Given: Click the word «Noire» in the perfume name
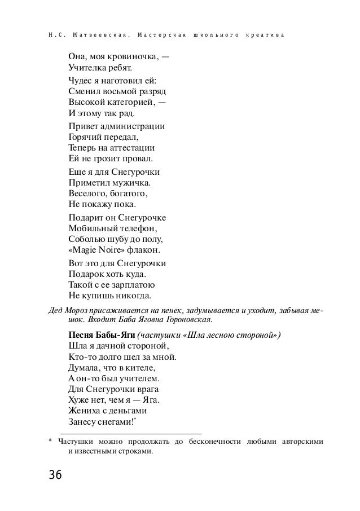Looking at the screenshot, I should tap(116, 250).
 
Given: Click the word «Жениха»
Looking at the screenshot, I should tap(86, 412).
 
